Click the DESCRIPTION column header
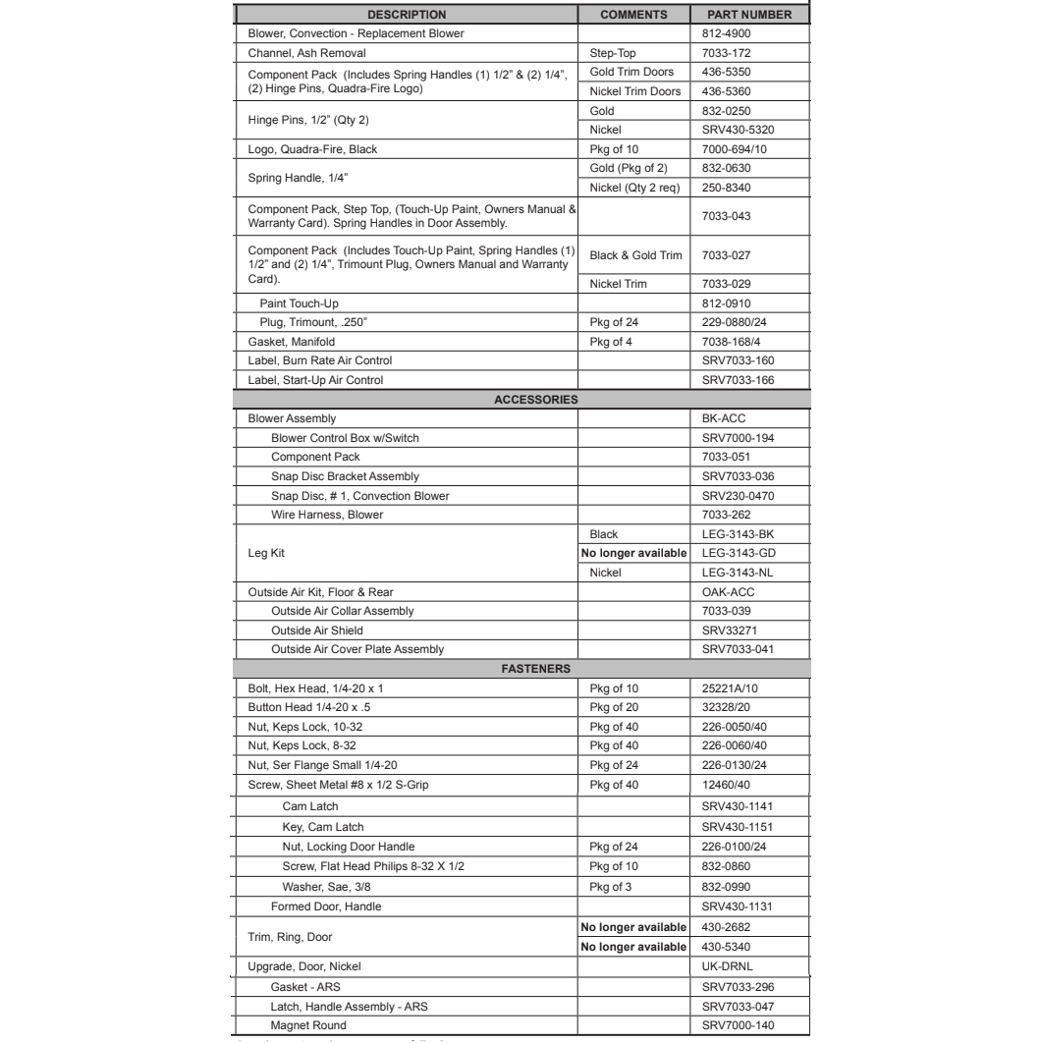click(x=407, y=15)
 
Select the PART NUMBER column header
click(x=751, y=15)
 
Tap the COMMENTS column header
click(x=633, y=15)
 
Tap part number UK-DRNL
click(x=720, y=965)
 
